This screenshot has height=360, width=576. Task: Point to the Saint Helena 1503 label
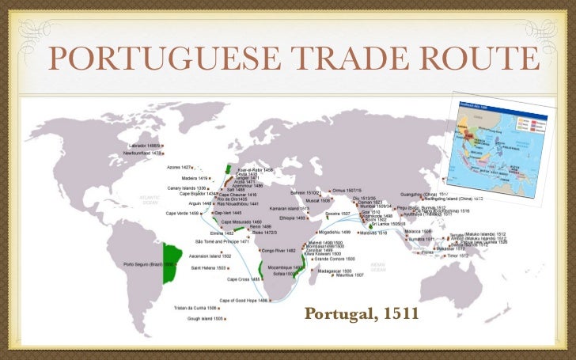point(211,268)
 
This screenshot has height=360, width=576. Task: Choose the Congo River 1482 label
point(278,250)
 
